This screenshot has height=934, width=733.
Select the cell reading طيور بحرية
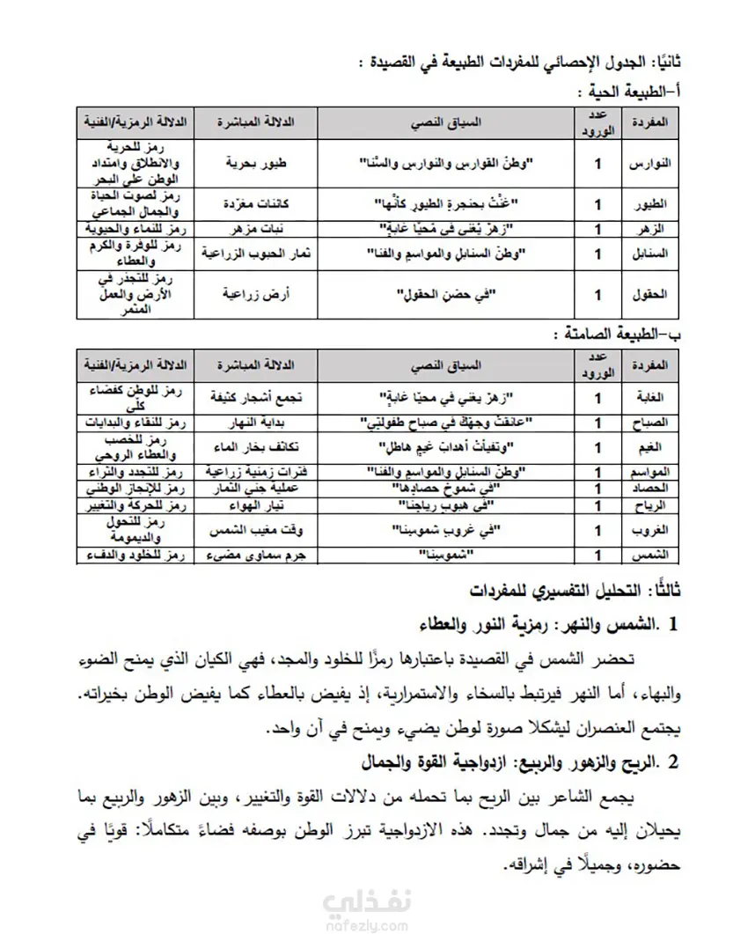click(x=254, y=163)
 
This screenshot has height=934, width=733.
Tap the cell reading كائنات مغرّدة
click(x=254, y=204)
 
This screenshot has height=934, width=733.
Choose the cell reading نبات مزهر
click(x=254, y=229)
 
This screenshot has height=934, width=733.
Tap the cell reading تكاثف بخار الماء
click(x=254, y=447)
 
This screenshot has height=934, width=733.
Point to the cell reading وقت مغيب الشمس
click(x=254, y=531)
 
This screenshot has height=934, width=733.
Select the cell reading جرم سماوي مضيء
click(x=254, y=555)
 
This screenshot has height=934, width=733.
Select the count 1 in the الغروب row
click(x=599, y=531)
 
